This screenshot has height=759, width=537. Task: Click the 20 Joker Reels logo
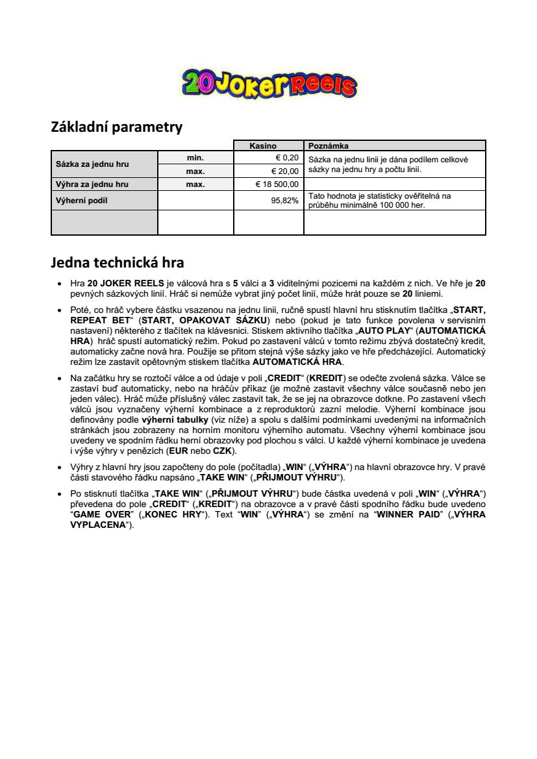pyautogui.click(x=269, y=83)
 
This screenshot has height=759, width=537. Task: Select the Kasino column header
pyautogui.click(x=268, y=146)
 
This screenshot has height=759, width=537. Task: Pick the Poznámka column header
pyautogui.click(x=329, y=146)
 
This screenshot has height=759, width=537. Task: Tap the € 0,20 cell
pyautogui.click(x=286, y=158)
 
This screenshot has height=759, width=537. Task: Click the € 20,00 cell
pyautogui.click(x=284, y=171)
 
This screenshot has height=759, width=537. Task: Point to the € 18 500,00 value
pyautogui.click(x=277, y=184)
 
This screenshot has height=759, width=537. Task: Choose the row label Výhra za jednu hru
pyautogui.click(x=92, y=184)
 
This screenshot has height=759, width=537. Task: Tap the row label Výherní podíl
pyautogui.click(x=81, y=201)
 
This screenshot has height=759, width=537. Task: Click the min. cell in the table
pyautogui.click(x=195, y=158)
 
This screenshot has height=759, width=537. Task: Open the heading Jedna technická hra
pyautogui.click(x=118, y=263)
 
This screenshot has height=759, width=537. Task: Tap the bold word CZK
pyautogui.click(x=223, y=450)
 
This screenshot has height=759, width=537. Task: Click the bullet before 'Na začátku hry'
pyautogui.click(x=59, y=378)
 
